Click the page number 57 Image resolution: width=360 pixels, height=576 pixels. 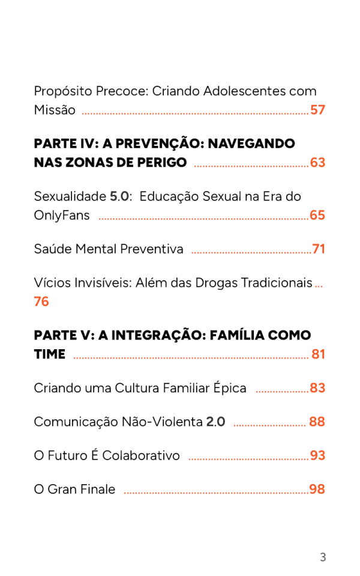tap(317, 110)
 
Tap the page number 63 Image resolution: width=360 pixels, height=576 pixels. tap(317, 163)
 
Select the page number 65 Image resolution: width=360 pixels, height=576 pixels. tap(317, 215)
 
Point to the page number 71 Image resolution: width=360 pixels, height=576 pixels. tap(319, 249)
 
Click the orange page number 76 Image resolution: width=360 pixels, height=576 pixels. tap(41, 302)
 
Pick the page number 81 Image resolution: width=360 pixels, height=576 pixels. tap(318, 355)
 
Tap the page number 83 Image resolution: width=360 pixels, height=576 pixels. tap(317, 388)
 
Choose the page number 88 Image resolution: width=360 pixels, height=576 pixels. tap(317, 422)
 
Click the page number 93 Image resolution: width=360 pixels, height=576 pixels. tap(317, 455)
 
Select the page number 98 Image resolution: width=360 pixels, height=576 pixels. tap(317, 489)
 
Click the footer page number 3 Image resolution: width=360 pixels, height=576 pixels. tap(323, 557)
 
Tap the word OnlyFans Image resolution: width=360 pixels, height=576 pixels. tap(62, 215)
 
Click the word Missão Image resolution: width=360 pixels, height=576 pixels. tap(55, 110)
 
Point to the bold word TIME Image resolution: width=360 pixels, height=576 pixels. tap(50, 355)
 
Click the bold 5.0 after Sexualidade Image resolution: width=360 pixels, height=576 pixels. tap(119, 196)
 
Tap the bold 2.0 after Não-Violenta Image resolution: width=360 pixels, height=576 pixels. tap(215, 422)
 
